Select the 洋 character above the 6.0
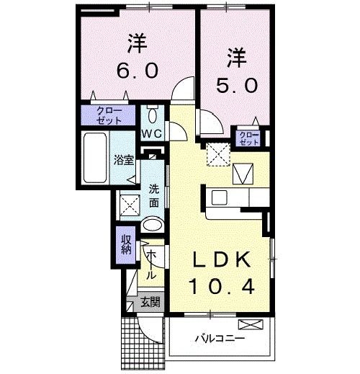pyautogui.click(x=137, y=43)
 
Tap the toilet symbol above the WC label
pyautogui.click(x=152, y=115)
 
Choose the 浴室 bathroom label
pyautogui.click(x=124, y=160)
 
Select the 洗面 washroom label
pyautogui.click(x=153, y=196)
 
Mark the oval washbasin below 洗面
pyautogui.click(x=153, y=226)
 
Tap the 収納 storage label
pyautogui.click(x=125, y=244)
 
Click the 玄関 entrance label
pyautogui.click(x=150, y=302)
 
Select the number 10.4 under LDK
pyautogui.click(x=222, y=288)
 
